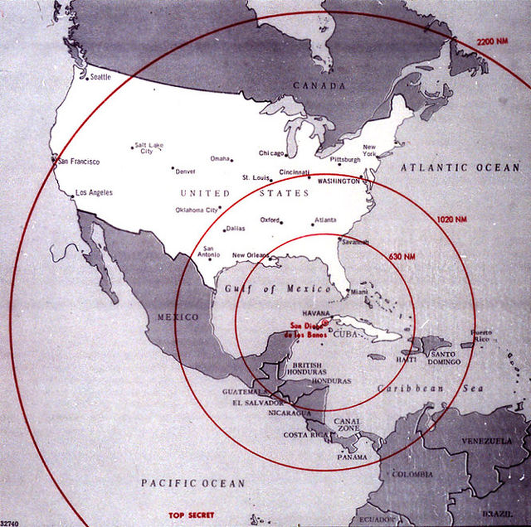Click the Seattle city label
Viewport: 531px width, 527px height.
pyautogui.click(x=100, y=77)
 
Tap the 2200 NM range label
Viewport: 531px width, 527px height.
pyautogui.click(x=492, y=42)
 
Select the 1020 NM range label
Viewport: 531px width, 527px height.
pyautogui.click(x=452, y=219)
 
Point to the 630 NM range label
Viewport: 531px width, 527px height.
pyautogui.click(x=402, y=256)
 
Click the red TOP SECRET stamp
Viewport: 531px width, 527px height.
pyautogui.click(x=191, y=515)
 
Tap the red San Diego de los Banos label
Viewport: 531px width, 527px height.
pyautogui.click(x=308, y=330)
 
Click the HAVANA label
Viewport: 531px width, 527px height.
pyautogui.click(x=316, y=313)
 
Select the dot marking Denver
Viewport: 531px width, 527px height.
pyautogui.click(x=173, y=168)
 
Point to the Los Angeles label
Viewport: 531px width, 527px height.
pyautogui.click(x=94, y=192)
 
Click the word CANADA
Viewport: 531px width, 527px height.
pyautogui.click(x=319, y=86)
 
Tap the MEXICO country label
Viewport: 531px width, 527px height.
pyautogui.click(x=178, y=317)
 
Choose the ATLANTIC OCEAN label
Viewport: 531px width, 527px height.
pyautogui.click(x=460, y=167)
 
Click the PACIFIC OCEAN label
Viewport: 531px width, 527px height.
pyautogui.click(x=193, y=483)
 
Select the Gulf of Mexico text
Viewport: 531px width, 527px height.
pyautogui.click(x=277, y=289)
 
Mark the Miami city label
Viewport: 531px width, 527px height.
pyautogui.click(x=359, y=291)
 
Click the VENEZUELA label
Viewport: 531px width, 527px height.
pyautogui.click(x=487, y=441)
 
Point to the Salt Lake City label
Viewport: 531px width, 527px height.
pyautogui.click(x=149, y=148)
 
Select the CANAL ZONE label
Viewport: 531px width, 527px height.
pyautogui.click(x=346, y=425)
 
